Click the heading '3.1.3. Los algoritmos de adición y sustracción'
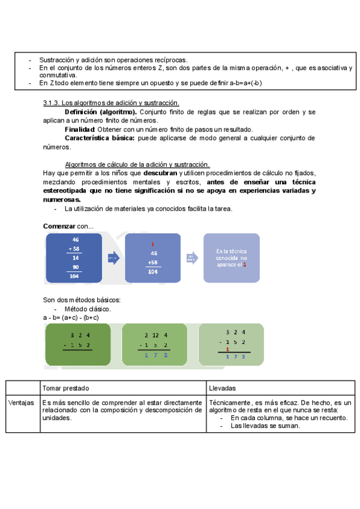click(x=111, y=103)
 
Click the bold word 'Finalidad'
click(x=79, y=129)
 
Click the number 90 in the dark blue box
click(x=76, y=267)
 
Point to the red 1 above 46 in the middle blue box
click(x=153, y=244)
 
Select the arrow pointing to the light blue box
click(x=190, y=258)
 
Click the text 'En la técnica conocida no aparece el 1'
click(x=232, y=258)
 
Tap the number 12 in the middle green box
click(x=155, y=336)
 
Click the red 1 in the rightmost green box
click(x=227, y=351)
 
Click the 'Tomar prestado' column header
click(x=66, y=388)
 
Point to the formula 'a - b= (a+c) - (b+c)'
click(x=71, y=317)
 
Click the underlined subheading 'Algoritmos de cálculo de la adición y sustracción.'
click(x=137, y=164)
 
